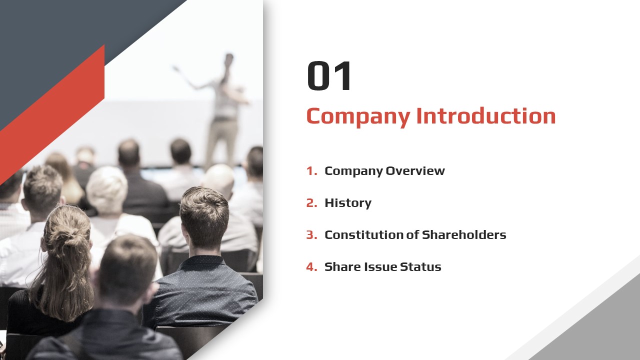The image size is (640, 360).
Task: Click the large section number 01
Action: click(328, 75)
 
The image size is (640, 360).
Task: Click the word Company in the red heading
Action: click(358, 116)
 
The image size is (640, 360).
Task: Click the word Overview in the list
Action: click(415, 171)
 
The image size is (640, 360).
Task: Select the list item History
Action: click(348, 203)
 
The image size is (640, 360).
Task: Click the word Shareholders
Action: click(464, 235)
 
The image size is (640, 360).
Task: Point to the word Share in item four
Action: click(342, 267)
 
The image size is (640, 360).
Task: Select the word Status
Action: click(420, 267)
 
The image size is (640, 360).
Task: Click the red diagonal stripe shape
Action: click(52, 114)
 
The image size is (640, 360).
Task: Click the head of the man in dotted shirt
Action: click(204, 217)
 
